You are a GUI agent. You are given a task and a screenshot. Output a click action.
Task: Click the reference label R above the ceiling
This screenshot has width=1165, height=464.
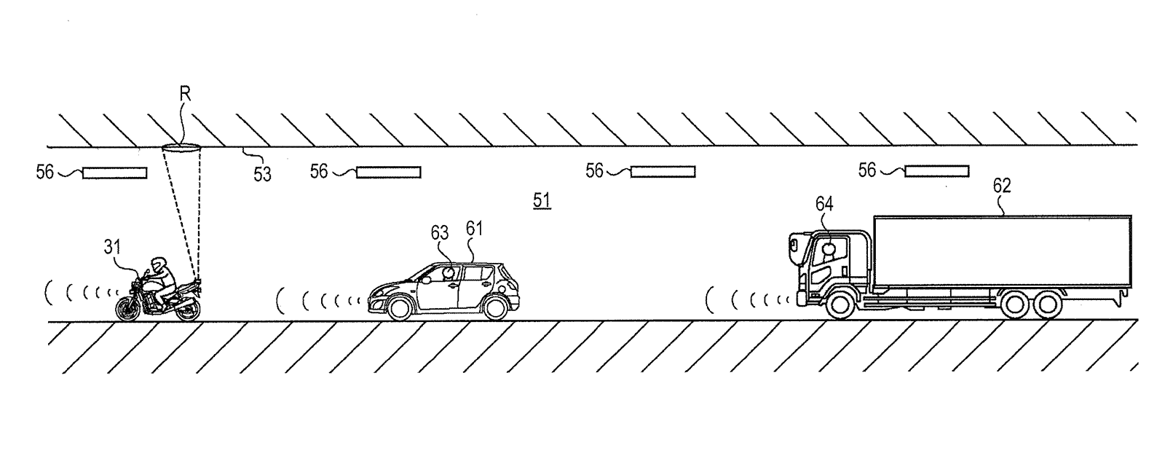tap(185, 94)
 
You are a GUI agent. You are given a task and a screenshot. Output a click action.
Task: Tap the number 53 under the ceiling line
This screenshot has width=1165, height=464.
tap(263, 174)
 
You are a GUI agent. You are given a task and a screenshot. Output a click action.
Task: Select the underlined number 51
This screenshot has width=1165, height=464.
tap(542, 200)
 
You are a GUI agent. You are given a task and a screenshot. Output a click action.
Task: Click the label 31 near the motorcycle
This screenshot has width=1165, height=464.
tap(112, 246)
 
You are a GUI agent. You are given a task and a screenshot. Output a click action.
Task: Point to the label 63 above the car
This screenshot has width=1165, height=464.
tap(440, 232)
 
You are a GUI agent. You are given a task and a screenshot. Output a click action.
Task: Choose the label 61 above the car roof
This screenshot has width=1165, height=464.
tap(474, 229)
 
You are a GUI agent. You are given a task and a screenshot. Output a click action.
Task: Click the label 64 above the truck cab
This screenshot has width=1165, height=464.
tap(824, 204)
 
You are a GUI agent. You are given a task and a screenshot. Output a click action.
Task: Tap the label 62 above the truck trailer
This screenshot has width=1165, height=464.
tap(1002, 186)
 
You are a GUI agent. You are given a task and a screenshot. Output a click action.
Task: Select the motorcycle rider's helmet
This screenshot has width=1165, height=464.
tap(158, 264)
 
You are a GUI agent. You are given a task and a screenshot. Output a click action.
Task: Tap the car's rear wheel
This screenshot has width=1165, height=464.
tap(495, 307)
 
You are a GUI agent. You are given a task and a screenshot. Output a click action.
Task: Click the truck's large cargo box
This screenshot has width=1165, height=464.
tap(1002, 251)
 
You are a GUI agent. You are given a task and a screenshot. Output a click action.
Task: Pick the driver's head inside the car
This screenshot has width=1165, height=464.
tap(448, 272)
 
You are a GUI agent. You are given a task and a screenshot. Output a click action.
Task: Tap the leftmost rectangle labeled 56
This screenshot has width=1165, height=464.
tap(115, 173)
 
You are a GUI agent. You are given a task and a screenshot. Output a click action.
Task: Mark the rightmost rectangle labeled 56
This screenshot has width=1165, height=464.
tap(936, 171)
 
